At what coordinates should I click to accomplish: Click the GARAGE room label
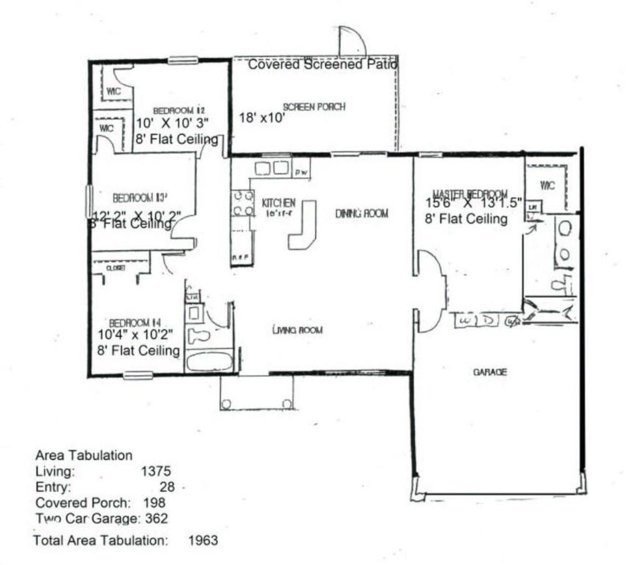(489, 372)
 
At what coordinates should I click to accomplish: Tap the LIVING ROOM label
(297, 330)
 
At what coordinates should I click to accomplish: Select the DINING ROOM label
(362, 214)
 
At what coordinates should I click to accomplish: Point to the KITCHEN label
(278, 204)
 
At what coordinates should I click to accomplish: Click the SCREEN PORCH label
(314, 107)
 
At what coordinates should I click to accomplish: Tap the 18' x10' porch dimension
(262, 117)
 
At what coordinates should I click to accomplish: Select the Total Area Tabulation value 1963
(203, 540)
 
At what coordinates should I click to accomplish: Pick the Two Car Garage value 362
(156, 518)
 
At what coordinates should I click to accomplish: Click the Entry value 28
(167, 487)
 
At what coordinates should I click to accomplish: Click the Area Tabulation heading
(84, 456)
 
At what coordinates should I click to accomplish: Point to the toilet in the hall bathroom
(199, 337)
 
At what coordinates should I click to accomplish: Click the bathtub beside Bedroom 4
(209, 361)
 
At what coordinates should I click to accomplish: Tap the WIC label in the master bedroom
(547, 185)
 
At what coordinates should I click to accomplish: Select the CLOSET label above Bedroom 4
(116, 267)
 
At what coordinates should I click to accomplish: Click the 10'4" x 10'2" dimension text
(135, 335)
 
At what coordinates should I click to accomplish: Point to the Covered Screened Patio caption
(323, 64)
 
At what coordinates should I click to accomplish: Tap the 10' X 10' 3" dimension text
(173, 123)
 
